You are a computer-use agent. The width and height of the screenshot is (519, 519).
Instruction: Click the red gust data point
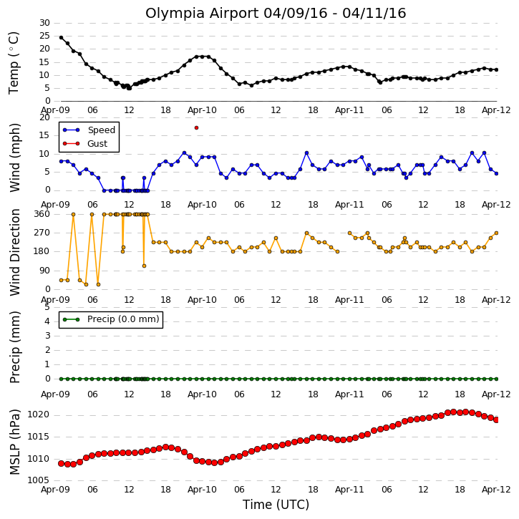pyautogui.click(x=197, y=127)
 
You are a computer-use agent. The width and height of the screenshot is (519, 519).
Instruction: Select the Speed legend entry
pyautogui.click(x=89, y=130)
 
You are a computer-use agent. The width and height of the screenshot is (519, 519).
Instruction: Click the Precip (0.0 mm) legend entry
pyautogui.click(x=111, y=319)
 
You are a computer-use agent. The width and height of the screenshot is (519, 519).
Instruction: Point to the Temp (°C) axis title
pyautogui.click(x=14, y=63)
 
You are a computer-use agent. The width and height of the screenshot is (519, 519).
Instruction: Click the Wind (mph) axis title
pyautogui.click(x=14, y=157)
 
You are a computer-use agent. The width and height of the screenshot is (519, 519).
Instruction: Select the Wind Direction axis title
pyautogui.click(x=14, y=252)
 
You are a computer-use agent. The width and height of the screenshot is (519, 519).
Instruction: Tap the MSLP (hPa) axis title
pyautogui.click(x=14, y=442)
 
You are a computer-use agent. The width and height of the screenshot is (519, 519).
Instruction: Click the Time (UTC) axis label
pyautogui.click(x=276, y=505)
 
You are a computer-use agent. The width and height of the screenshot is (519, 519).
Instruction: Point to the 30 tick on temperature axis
pyautogui.click(x=44, y=23)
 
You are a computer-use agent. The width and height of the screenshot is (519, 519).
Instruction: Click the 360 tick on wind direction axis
pyautogui.click(x=42, y=214)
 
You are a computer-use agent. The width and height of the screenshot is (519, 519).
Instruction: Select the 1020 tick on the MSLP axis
pyautogui.click(x=39, y=414)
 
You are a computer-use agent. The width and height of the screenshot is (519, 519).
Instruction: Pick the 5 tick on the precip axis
pyautogui.click(x=47, y=307)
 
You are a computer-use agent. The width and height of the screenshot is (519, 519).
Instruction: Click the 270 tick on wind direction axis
pyautogui.click(x=42, y=233)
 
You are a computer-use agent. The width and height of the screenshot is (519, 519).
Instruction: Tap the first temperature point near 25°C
pyautogui.click(x=62, y=38)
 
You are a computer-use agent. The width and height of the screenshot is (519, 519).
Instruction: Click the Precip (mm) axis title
pyautogui.click(x=14, y=347)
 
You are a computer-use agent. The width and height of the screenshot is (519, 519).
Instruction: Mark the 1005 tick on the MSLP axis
pyautogui.click(x=39, y=480)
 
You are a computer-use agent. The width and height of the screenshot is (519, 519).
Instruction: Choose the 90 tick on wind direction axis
pyautogui.click(x=44, y=271)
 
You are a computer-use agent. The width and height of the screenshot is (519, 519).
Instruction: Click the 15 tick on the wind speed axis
pyautogui.click(x=44, y=135)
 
